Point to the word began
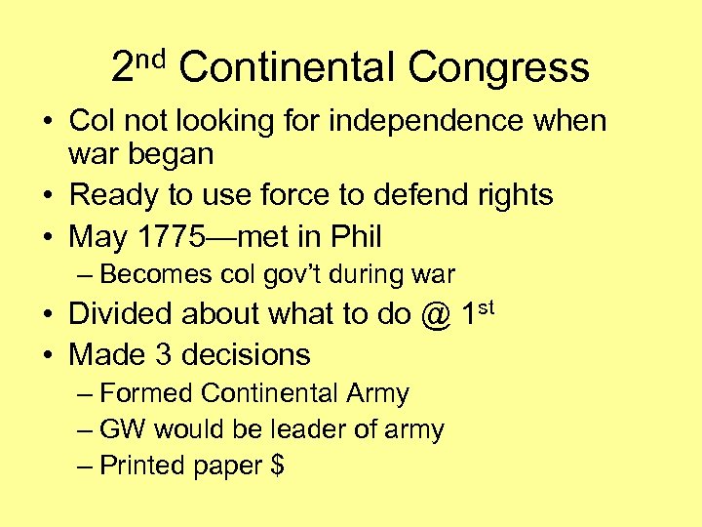[x=171, y=153]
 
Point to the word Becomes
[x=151, y=273]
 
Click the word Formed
[x=146, y=393]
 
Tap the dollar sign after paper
[x=277, y=466]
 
